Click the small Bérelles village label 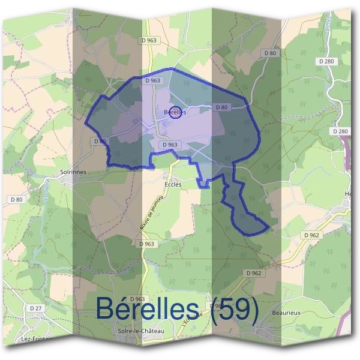coord(175,112)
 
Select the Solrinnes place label coord(73,172)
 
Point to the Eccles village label coord(173,184)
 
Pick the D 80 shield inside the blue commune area coord(221,107)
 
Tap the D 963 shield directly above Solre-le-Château coord(137,299)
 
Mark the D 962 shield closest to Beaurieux coord(254,272)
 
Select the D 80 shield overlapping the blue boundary coord(100,141)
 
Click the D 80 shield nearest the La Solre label coord(16,199)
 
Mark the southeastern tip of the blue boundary coord(268,227)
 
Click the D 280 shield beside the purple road coord(339,131)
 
